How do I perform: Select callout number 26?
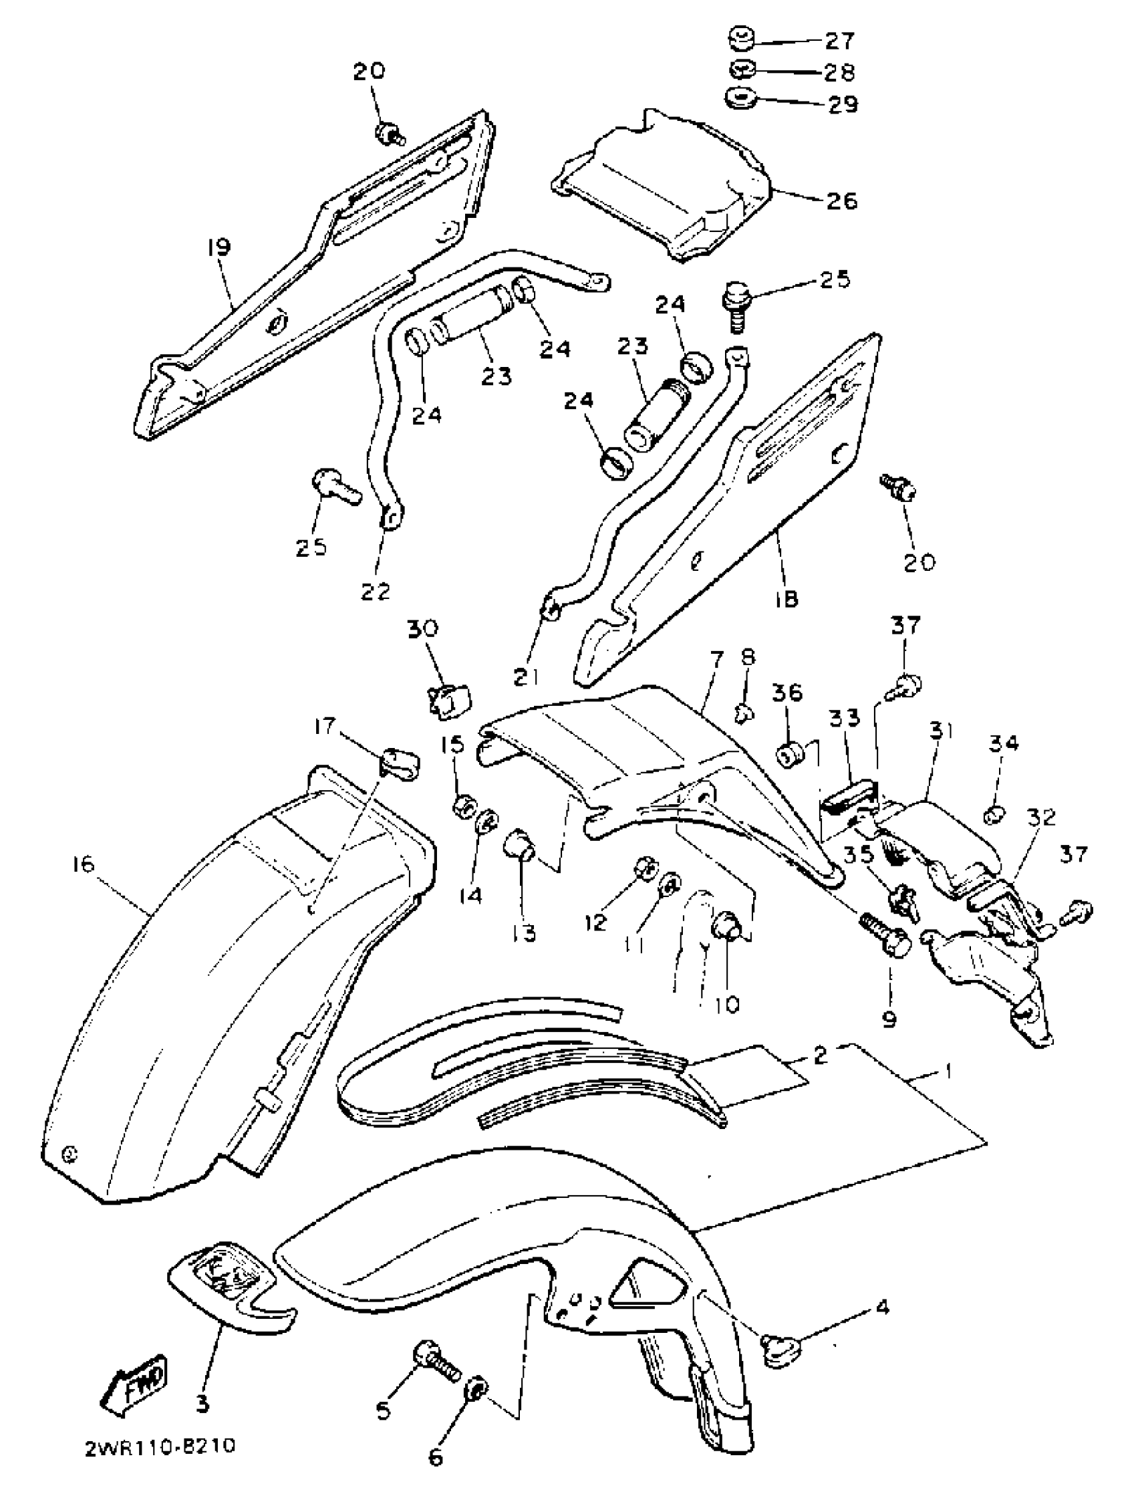click(x=841, y=200)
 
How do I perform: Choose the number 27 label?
click(x=840, y=41)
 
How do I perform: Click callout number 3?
click(x=202, y=1404)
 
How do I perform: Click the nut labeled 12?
click(x=644, y=868)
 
